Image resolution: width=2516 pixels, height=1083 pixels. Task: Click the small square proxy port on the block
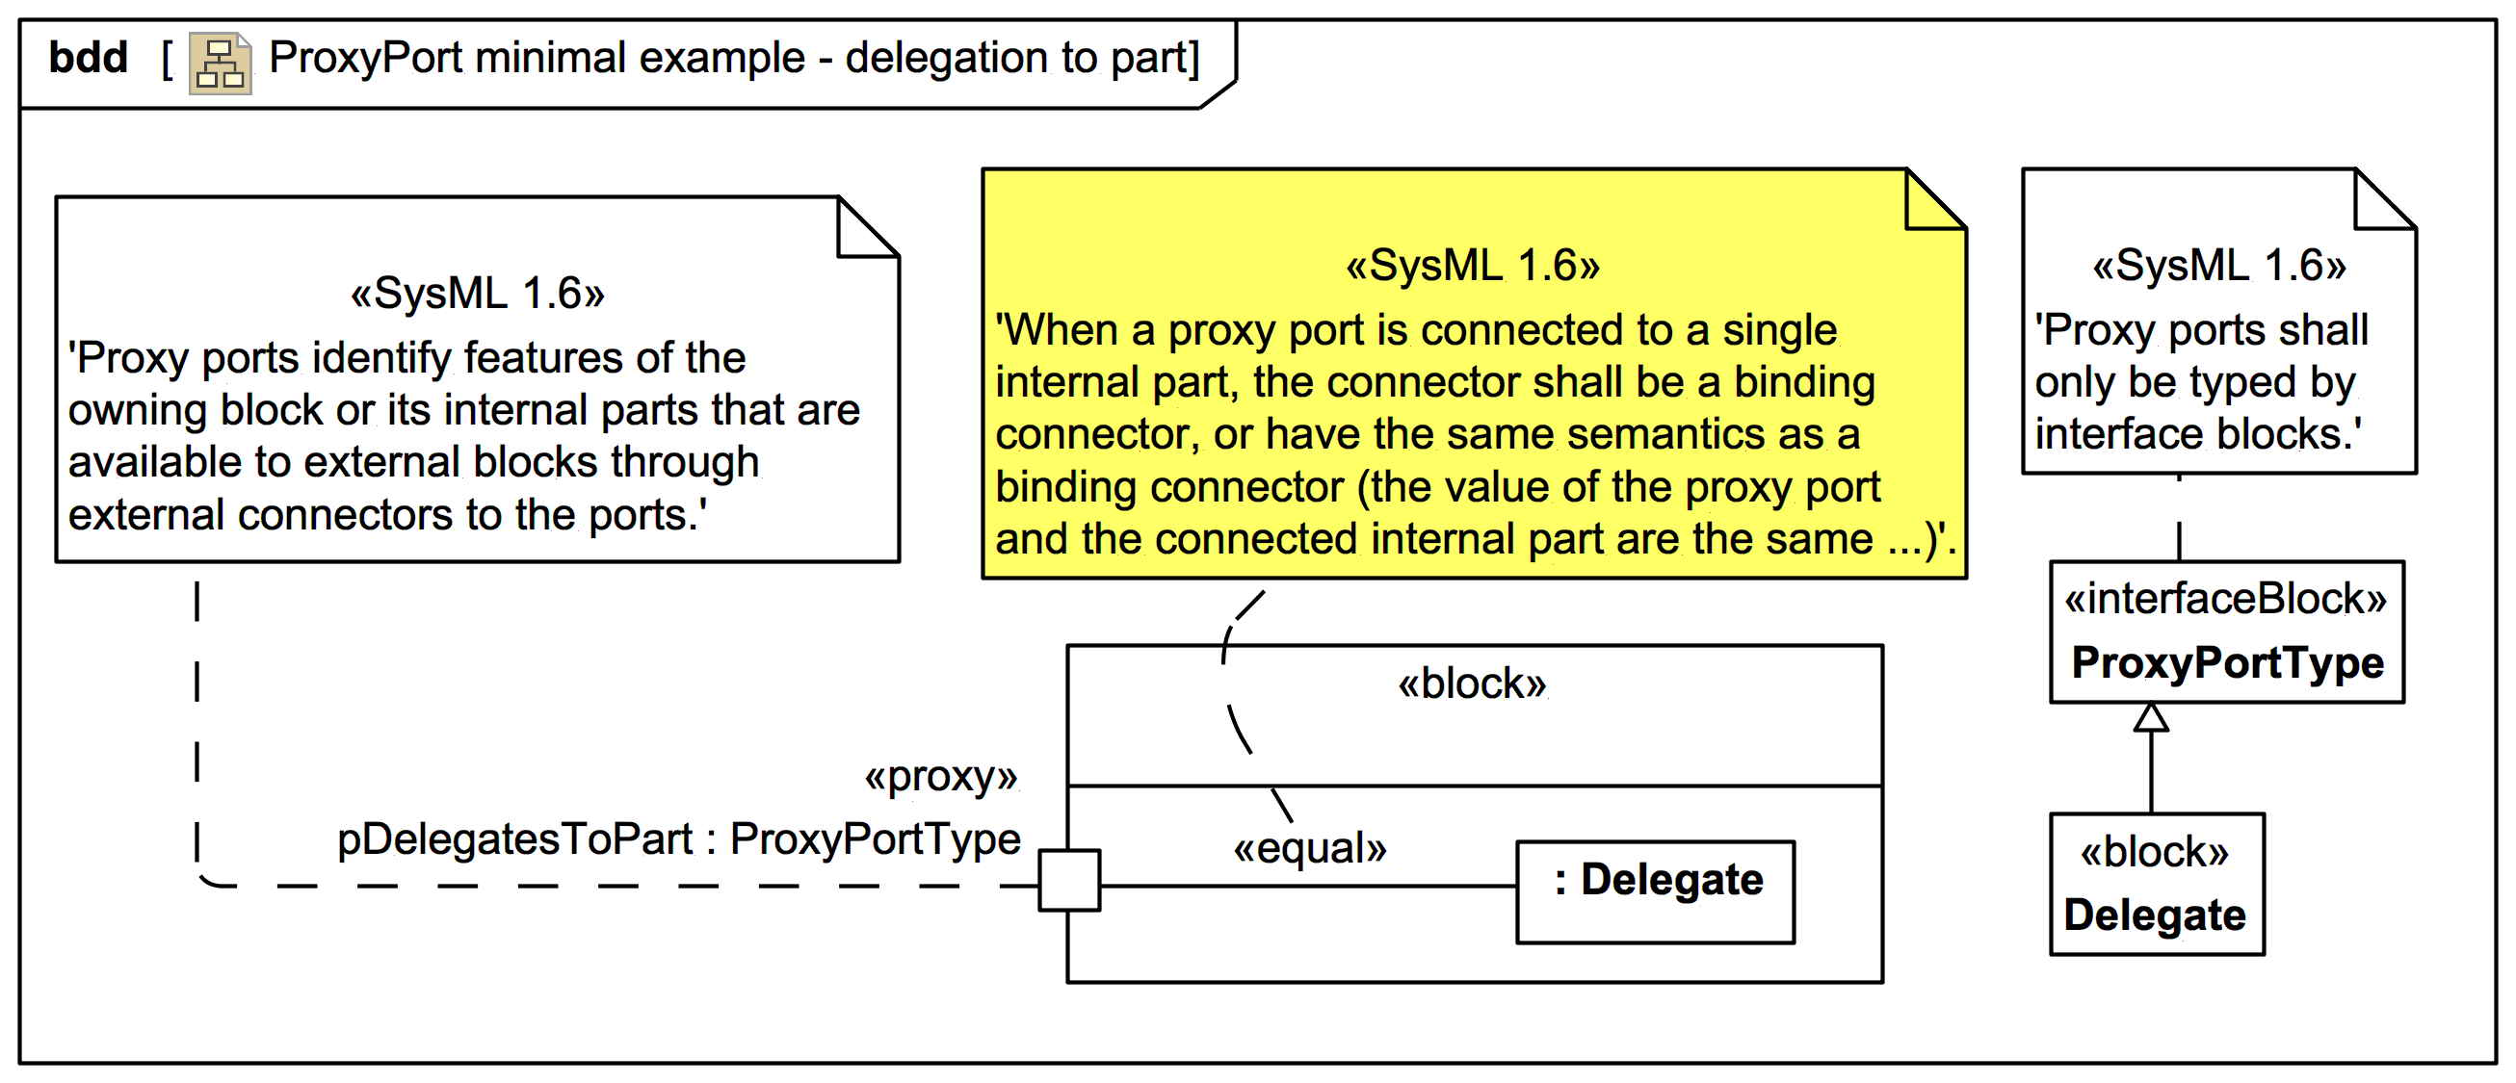point(1068,880)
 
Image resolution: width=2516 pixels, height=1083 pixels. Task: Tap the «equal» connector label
point(1310,848)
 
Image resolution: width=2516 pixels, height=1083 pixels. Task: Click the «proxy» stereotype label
point(940,776)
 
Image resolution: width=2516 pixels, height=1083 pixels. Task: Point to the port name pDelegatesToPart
point(513,838)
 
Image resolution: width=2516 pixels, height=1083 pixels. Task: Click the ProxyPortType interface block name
point(2227,662)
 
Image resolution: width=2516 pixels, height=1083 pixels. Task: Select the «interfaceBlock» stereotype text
point(2225,599)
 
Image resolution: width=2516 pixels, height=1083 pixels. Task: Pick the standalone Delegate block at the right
point(2157,884)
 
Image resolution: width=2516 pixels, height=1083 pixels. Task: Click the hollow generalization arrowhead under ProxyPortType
point(2151,718)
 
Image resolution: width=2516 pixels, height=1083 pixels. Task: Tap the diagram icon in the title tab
point(220,64)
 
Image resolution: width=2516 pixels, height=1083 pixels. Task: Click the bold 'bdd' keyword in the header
point(88,58)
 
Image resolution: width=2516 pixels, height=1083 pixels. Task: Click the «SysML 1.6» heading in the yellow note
point(1473,266)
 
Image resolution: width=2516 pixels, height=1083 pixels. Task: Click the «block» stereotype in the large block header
point(1472,683)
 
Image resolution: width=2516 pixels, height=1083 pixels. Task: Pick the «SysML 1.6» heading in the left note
point(478,293)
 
